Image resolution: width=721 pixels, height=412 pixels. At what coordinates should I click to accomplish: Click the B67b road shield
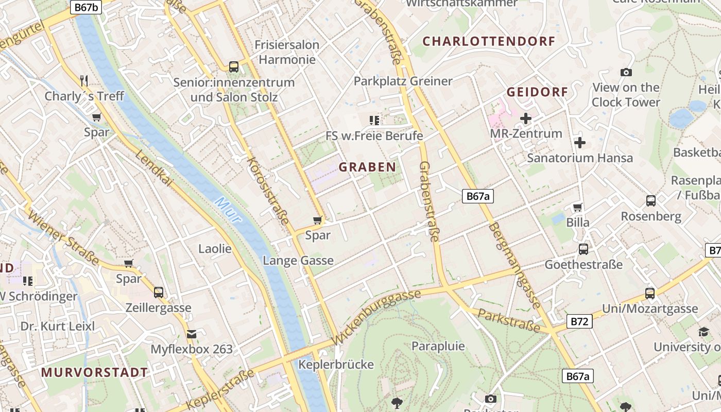click(x=86, y=7)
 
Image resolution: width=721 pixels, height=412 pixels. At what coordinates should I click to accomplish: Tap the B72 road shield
click(x=580, y=322)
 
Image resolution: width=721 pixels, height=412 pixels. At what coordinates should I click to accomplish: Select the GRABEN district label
click(x=367, y=167)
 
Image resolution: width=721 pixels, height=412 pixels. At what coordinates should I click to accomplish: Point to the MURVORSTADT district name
click(x=94, y=372)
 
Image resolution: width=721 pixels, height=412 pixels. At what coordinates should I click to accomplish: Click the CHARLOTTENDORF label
click(x=489, y=41)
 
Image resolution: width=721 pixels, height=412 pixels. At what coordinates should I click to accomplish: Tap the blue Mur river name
click(x=229, y=210)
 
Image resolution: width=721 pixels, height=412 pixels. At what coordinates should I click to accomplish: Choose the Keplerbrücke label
click(x=336, y=365)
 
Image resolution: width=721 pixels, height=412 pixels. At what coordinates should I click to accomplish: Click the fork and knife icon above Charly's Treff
click(x=84, y=80)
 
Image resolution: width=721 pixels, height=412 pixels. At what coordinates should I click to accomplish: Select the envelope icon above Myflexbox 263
click(x=192, y=334)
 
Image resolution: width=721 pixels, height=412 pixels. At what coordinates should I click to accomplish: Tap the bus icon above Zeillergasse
click(x=159, y=292)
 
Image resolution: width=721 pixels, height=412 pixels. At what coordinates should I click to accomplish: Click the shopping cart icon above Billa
click(x=577, y=207)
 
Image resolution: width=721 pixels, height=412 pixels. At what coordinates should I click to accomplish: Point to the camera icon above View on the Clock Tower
click(x=626, y=72)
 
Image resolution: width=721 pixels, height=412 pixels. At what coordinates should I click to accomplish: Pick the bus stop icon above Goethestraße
click(x=583, y=249)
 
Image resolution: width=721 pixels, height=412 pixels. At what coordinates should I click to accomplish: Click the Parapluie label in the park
click(x=438, y=346)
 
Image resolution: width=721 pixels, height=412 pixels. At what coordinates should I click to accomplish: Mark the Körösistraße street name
click(x=267, y=191)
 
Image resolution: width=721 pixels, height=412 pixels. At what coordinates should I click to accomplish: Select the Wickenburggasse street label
click(x=376, y=317)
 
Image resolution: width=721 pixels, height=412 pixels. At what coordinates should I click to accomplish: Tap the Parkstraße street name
click(x=508, y=320)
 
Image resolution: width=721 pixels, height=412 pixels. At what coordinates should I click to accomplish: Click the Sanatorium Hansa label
click(x=579, y=158)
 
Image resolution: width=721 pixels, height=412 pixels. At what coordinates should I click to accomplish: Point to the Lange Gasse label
click(x=298, y=261)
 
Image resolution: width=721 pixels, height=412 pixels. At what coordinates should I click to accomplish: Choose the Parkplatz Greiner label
click(x=403, y=81)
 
